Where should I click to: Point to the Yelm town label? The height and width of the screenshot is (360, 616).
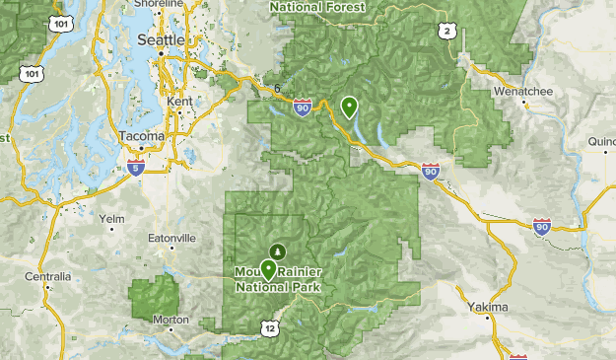click(x=111, y=218)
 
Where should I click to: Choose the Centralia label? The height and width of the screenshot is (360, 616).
click(x=48, y=277)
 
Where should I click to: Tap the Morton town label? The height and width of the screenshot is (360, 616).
click(x=171, y=320)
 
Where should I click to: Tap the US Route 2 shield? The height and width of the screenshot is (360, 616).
click(x=448, y=33)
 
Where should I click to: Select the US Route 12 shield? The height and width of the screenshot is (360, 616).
click(x=271, y=326)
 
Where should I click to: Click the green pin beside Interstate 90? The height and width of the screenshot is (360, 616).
click(x=349, y=106)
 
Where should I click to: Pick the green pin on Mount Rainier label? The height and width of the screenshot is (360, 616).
click(x=267, y=269)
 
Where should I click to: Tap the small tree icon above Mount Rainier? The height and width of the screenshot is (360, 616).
click(x=277, y=252)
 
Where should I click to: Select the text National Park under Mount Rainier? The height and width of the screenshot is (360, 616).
click(x=279, y=288)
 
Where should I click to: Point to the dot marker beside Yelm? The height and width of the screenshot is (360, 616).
click(x=110, y=229)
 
